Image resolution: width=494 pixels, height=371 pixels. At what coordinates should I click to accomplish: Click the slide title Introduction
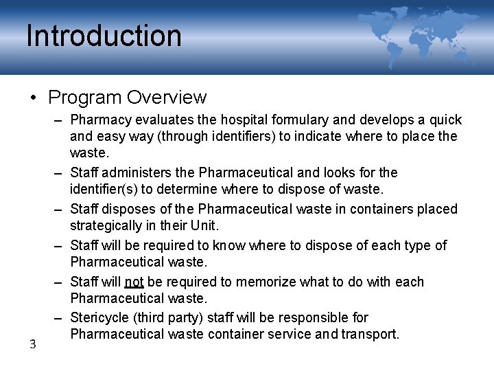pos(104,36)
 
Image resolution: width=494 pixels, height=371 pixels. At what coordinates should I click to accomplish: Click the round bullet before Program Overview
pos(34,98)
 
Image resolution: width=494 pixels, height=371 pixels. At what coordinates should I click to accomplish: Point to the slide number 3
pos(32,344)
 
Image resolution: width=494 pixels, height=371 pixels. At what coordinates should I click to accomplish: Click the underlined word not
pos(134,282)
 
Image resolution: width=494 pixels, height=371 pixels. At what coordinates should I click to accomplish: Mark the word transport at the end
pos(373,334)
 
